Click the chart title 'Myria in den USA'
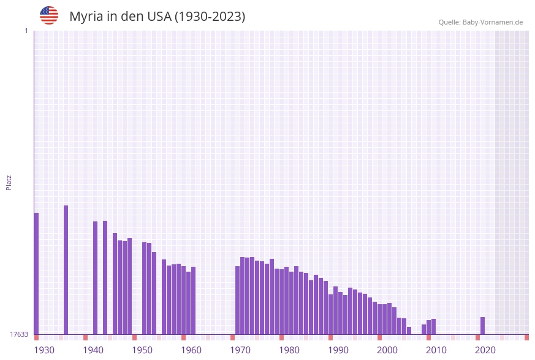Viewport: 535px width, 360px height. click(x=157, y=17)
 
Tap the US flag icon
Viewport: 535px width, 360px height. click(x=49, y=15)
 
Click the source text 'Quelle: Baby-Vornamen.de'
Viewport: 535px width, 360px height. click(x=480, y=22)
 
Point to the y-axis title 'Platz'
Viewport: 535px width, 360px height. click(x=9, y=182)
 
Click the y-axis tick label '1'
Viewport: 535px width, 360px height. click(x=26, y=31)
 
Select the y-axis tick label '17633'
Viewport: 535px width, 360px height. click(x=19, y=334)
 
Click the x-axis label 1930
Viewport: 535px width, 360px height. click(x=44, y=350)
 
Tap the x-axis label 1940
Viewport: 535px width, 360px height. click(x=93, y=350)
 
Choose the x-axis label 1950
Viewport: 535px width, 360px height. click(x=142, y=350)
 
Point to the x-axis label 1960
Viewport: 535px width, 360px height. click(x=191, y=350)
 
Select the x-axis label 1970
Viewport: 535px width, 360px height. click(x=240, y=350)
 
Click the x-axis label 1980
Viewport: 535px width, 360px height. click(x=289, y=350)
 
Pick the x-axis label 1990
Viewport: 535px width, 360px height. click(x=338, y=350)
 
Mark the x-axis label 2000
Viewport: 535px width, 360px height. click(x=387, y=350)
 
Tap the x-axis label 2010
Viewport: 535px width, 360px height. click(x=436, y=350)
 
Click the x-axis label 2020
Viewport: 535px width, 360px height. click(x=485, y=350)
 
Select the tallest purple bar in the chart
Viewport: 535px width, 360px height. click(x=66, y=270)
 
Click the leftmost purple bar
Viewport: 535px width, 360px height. click(x=36, y=274)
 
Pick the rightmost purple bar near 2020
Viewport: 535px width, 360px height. click(x=483, y=326)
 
